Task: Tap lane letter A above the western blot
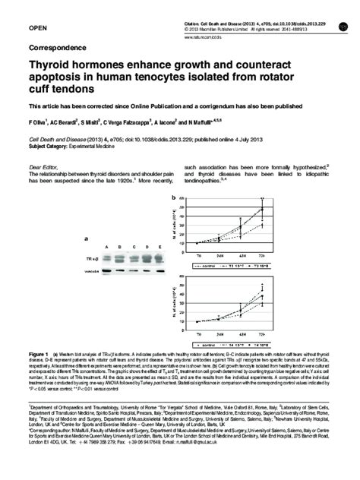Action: (x=109, y=247)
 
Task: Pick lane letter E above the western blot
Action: (x=160, y=247)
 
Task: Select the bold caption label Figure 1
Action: (x=38, y=355)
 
